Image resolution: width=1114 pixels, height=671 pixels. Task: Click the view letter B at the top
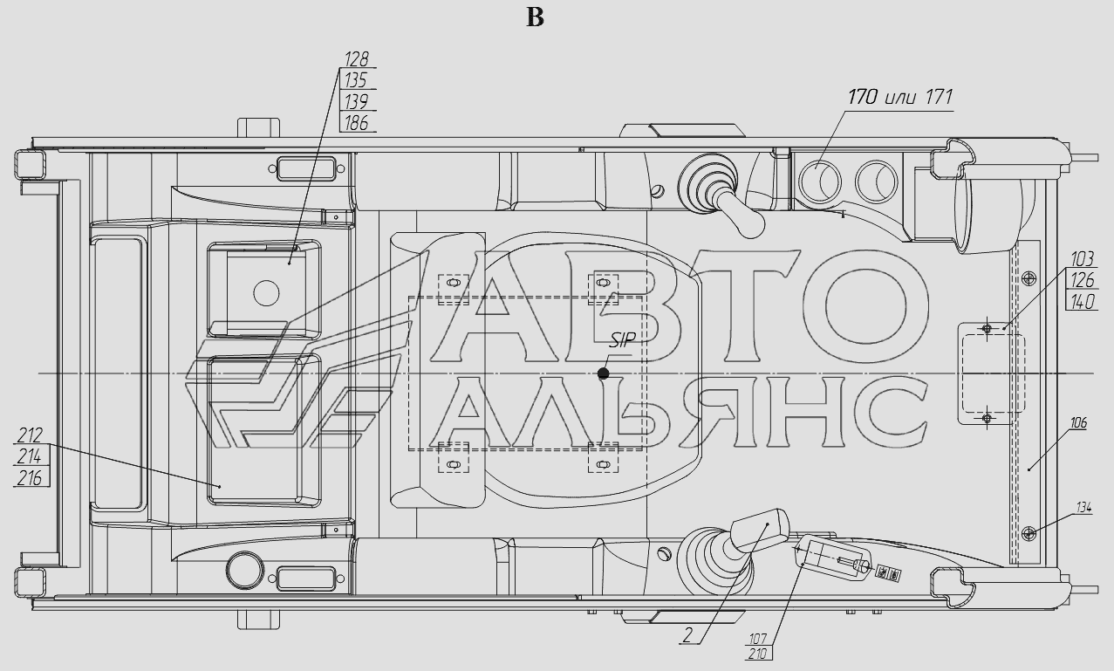tap(535, 18)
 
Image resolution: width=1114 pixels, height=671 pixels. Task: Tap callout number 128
tap(357, 59)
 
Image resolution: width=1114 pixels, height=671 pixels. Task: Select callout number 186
tap(357, 123)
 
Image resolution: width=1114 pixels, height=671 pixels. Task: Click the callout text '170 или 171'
tap(900, 97)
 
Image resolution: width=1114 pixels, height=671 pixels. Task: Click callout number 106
tap(1078, 423)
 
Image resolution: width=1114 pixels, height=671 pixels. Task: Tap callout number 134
tap(1083, 508)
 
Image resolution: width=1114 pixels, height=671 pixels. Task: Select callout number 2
tap(687, 634)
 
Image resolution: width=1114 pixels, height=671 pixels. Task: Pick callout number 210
tap(757, 654)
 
